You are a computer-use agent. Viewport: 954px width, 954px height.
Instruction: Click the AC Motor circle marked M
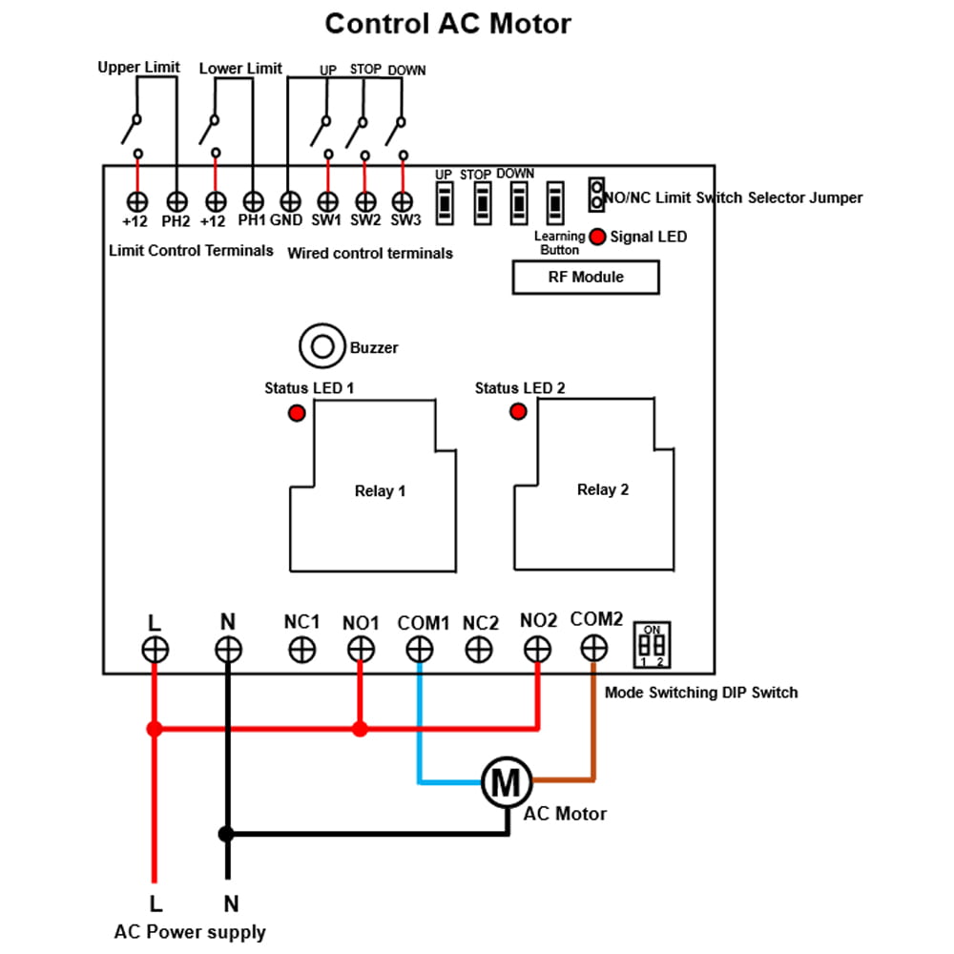click(506, 782)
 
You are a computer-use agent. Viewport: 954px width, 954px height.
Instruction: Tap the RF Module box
click(586, 278)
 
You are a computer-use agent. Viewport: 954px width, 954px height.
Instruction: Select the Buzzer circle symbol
click(321, 346)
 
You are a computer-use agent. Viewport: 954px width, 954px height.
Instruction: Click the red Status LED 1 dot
click(297, 413)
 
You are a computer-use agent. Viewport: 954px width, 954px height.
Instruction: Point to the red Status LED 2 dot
click(518, 411)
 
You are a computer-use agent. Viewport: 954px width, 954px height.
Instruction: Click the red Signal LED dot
click(597, 237)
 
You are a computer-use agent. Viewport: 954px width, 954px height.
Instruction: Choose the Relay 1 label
click(380, 491)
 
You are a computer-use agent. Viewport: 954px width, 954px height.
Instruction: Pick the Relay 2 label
click(603, 489)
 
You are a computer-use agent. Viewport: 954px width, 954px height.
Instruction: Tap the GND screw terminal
click(290, 201)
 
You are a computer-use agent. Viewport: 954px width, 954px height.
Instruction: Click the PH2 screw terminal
click(176, 201)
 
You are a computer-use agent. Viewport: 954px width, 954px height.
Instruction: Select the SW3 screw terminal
click(404, 201)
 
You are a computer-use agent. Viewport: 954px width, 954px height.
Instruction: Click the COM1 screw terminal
click(419, 650)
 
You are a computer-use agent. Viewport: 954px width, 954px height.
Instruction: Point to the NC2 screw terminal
click(479, 650)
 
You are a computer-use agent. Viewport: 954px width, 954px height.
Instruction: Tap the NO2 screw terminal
click(538, 650)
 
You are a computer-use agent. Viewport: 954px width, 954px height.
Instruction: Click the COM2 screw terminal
click(593, 649)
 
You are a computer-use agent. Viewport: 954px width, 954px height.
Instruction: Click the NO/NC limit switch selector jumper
click(596, 196)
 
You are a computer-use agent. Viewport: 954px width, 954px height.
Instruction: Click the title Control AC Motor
click(447, 23)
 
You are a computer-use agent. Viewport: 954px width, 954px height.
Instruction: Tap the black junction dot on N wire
click(226, 834)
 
